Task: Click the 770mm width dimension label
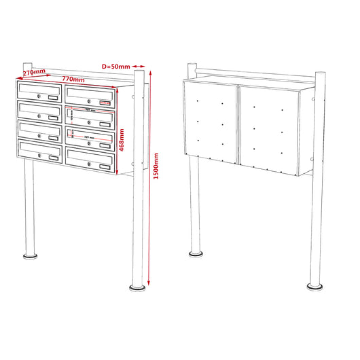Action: pos(73,79)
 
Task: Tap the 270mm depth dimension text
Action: pos(34,72)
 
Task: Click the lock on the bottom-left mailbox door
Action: pos(39,156)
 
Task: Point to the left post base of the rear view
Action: pos(196,254)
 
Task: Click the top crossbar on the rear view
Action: pos(251,69)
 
